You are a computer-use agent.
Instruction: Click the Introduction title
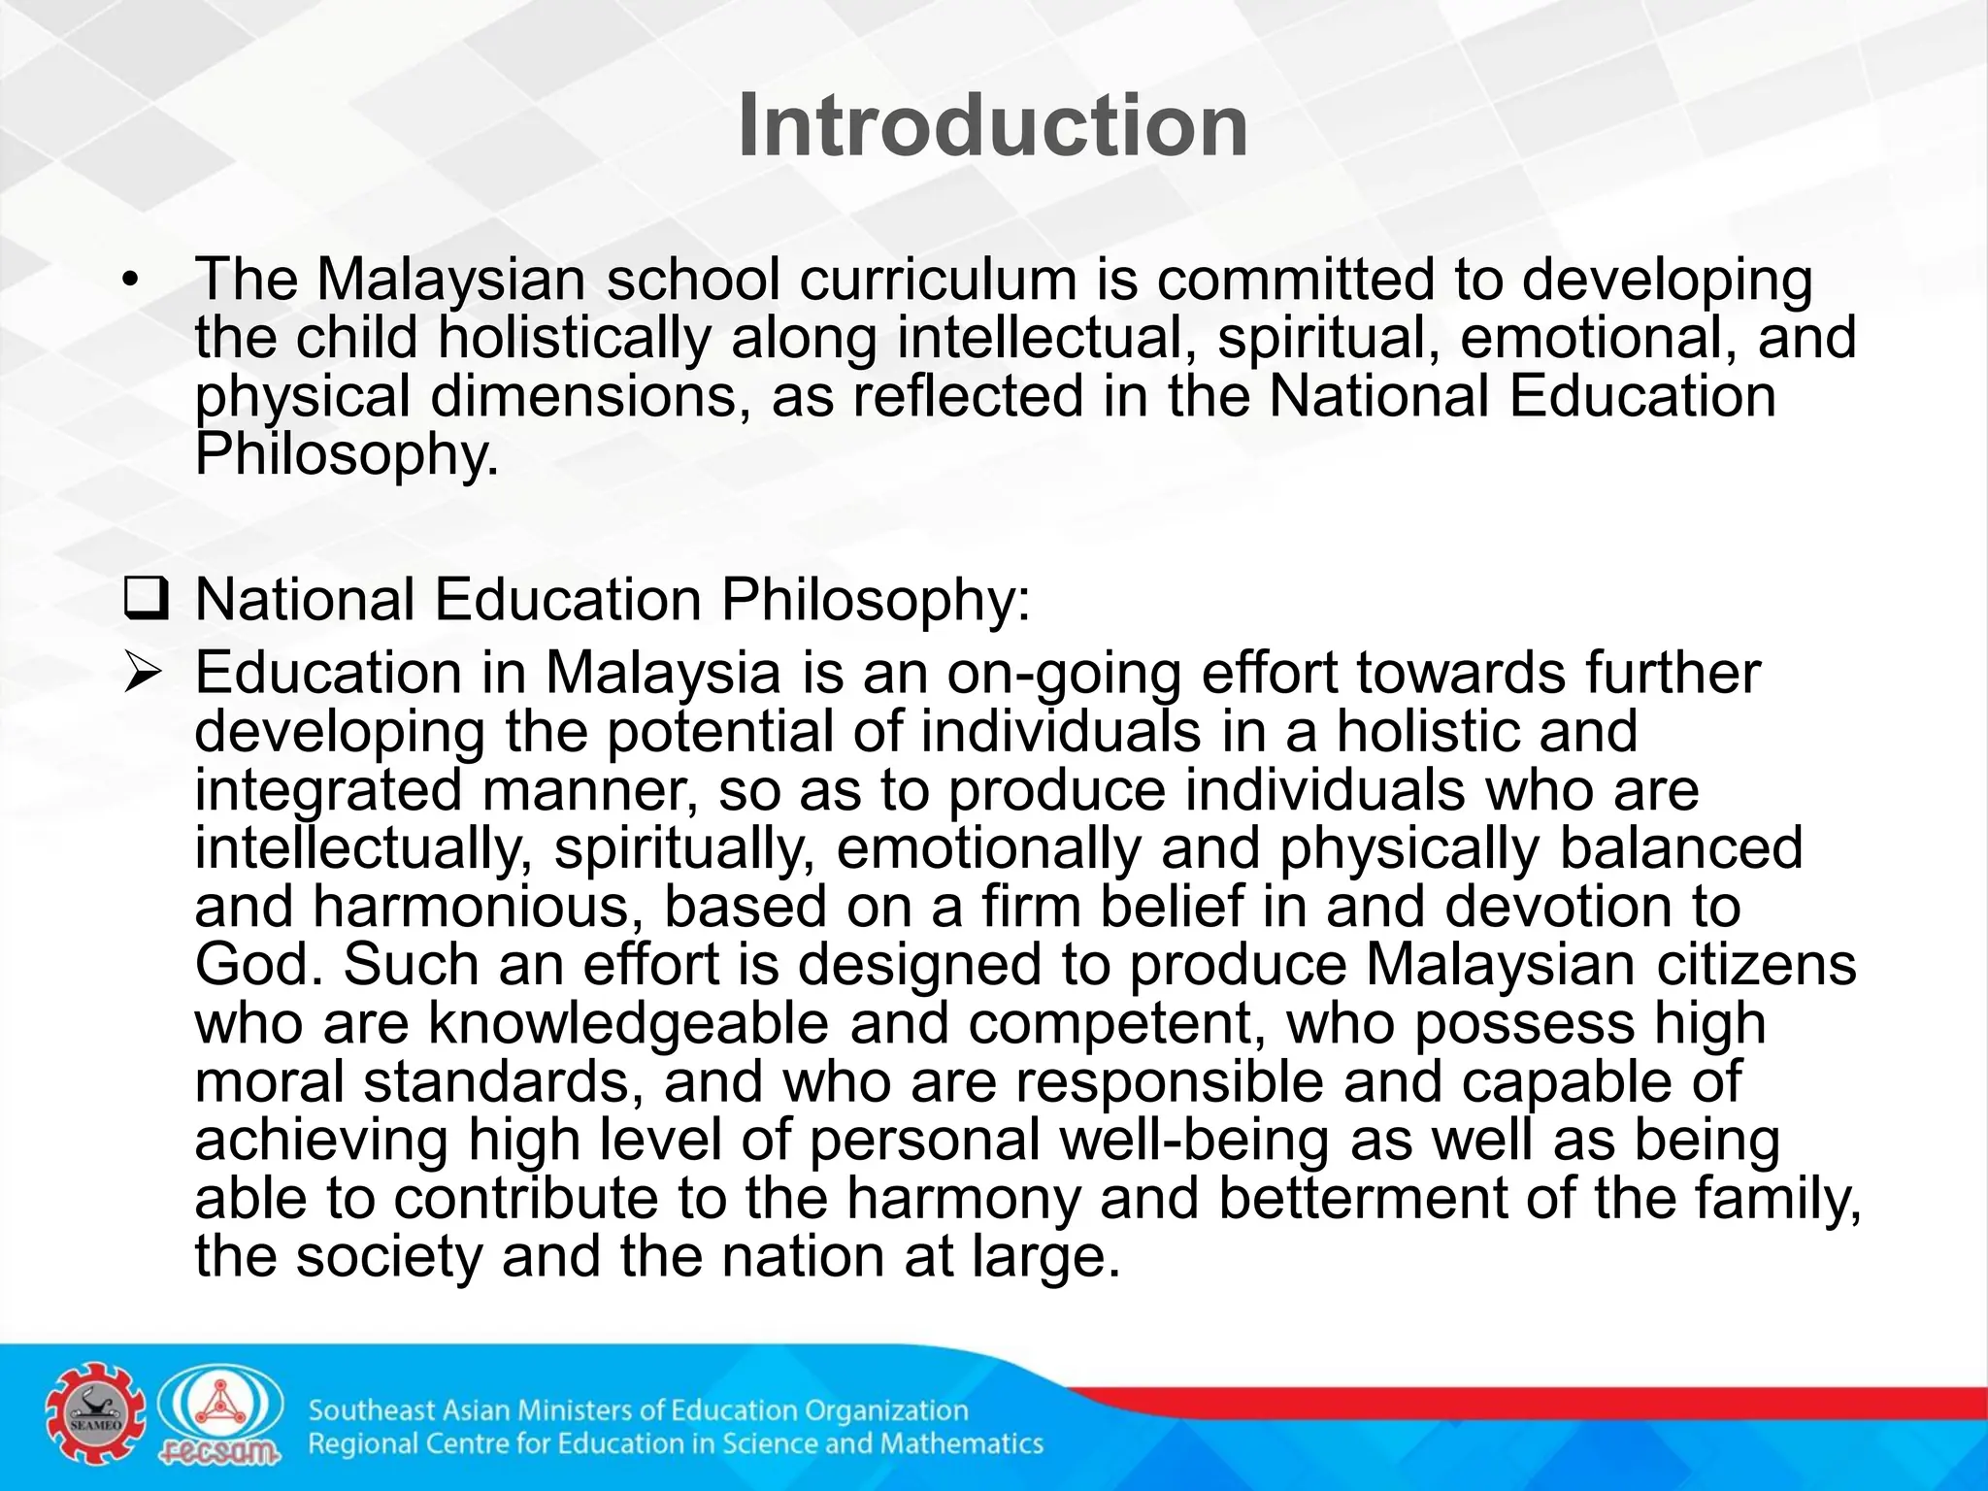click(992, 126)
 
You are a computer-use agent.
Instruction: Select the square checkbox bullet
click(147, 600)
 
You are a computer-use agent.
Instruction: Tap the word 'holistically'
click(574, 338)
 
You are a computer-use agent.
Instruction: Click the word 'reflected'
click(967, 396)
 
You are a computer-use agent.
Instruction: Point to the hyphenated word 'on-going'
click(1064, 673)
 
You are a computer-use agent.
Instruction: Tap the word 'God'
click(257, 964)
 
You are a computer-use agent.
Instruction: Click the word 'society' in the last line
click(388, 1256)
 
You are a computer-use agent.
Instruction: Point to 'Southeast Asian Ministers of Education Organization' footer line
click(638, 1409)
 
